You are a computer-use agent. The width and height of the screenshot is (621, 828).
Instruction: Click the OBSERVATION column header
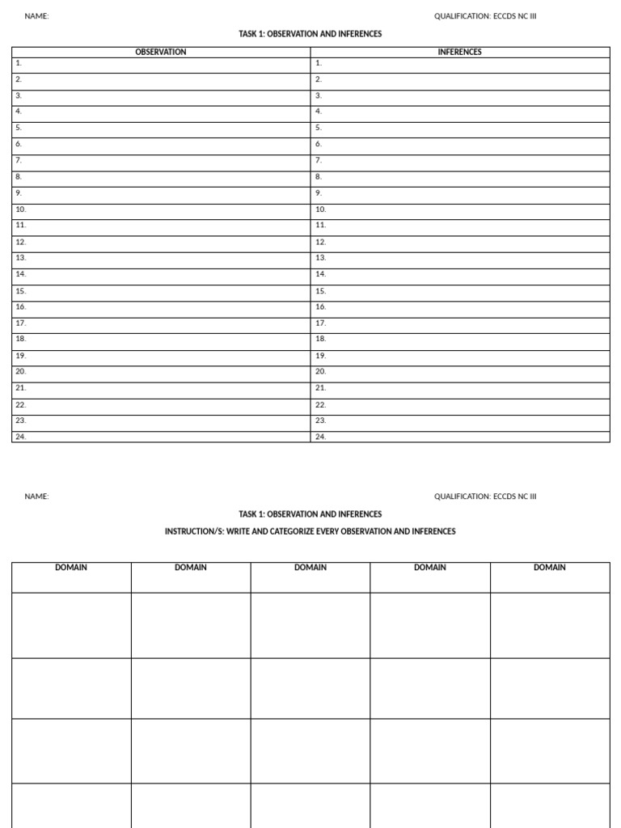pyautogui.click(x=160, y=52)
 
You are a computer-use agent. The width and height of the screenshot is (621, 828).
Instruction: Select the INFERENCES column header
pyautogui.click(x=459, y=52)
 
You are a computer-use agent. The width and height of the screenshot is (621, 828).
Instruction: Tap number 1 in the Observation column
pyautogui.click(x=19, y=63)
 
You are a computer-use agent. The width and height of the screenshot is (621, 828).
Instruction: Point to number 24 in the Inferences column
pyautogui.click(x=320, y=437)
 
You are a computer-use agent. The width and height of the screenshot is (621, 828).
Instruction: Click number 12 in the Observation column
pyautogui.click(x=20, y=242)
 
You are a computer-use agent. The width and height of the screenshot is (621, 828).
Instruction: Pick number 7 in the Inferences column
pyautogui.click(x=319, y=160)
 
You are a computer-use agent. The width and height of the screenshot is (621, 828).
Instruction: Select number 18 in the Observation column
pyautogui.click(x=20, y=339)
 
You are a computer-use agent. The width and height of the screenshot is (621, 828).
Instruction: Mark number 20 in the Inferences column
pyautogui.click(x=320, y=371)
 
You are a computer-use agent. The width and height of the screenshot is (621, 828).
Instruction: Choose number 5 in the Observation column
pyautogui.click(x=19, y=128)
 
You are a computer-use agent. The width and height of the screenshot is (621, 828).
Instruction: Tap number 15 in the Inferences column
pyautogui.click(x=320, y=290)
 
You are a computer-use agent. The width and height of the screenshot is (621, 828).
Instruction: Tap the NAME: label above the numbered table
pyautogui.click(x=36, y=16)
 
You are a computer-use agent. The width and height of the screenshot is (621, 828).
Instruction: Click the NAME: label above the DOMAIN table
pyautogui.click(x=36, y=496)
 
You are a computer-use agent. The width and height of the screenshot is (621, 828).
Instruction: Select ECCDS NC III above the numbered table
pyautogui.click(x=514, y=16)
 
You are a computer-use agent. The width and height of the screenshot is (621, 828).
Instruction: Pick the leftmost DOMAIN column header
pyautogui.click(x=71, y=568)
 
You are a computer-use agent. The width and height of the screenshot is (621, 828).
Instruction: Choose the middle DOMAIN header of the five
pyautogui.click(x=310, y=568)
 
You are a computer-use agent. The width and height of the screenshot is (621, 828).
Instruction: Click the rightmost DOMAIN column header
pyautogui.click(x=550, y=568)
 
